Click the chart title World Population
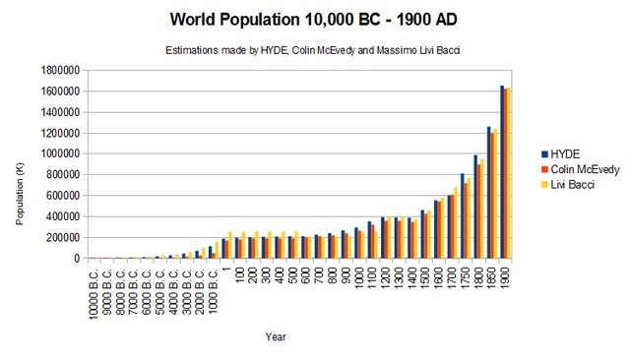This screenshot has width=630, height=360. pos(314,20)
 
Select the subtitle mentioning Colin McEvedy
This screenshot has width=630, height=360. pos(314,49)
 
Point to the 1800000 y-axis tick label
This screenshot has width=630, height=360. pos(61,70)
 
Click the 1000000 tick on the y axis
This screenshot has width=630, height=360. pos(61,153)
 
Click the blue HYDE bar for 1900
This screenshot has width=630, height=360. pos(501,172)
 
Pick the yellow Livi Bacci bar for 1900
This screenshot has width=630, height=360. pos(509,173)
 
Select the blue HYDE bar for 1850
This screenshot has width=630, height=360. pos(488,193)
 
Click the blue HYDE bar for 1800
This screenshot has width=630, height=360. pos(474,207)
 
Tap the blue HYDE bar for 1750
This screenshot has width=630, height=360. pos(462,216)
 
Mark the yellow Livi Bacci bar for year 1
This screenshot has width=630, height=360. pos(230,245)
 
